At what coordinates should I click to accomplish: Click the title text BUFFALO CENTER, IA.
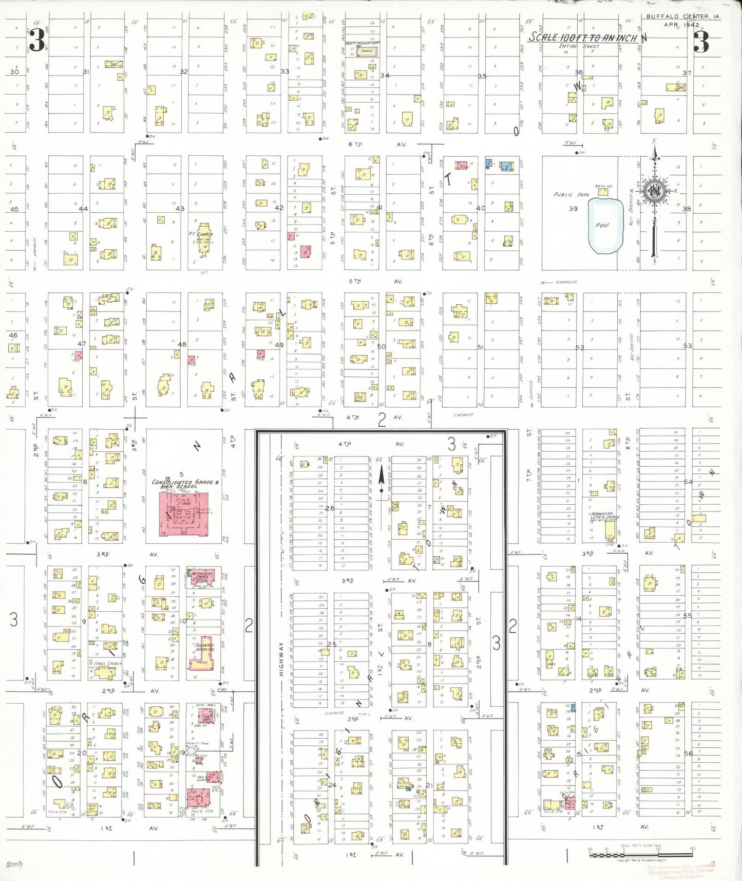682,16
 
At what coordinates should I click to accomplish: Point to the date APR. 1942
681,25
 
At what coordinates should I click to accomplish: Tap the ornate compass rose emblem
654,192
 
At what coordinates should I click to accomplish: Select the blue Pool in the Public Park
605,226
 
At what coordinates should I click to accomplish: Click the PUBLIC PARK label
571,195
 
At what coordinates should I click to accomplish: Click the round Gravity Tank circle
191,751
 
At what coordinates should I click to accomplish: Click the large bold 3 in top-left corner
36,41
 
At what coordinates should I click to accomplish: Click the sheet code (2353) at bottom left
14,864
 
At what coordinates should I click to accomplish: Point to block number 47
82,343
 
